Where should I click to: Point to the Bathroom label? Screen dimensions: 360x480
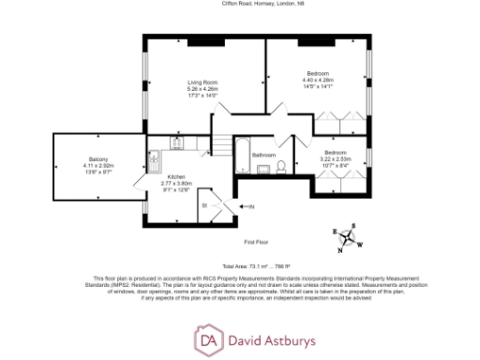click(262, 155)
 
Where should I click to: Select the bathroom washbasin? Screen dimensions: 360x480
click(265, 170)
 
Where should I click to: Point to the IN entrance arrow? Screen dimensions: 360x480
click(247, 206)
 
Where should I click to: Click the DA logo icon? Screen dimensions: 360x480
click(207, 337)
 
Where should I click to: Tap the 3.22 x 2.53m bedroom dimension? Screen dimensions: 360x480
click(337, 159)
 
